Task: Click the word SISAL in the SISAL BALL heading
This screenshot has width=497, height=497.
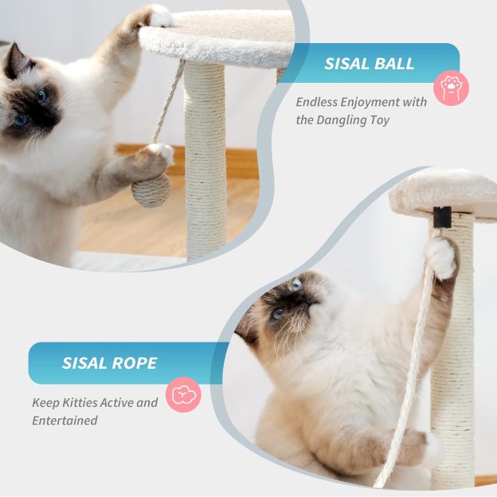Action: point(350,64)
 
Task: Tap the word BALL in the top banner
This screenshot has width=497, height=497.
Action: point(397,64)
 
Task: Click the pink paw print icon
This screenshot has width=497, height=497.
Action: point(451,88)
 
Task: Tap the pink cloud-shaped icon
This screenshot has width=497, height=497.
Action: point(183,394)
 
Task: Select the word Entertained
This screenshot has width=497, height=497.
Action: point(65,420)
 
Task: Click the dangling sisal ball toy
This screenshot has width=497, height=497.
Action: point(151,191)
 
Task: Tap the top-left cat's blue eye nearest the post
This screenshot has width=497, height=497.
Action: point(41,96)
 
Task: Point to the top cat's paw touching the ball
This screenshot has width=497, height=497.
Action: point(156,155)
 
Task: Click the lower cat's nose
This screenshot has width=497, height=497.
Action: point(302,299)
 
